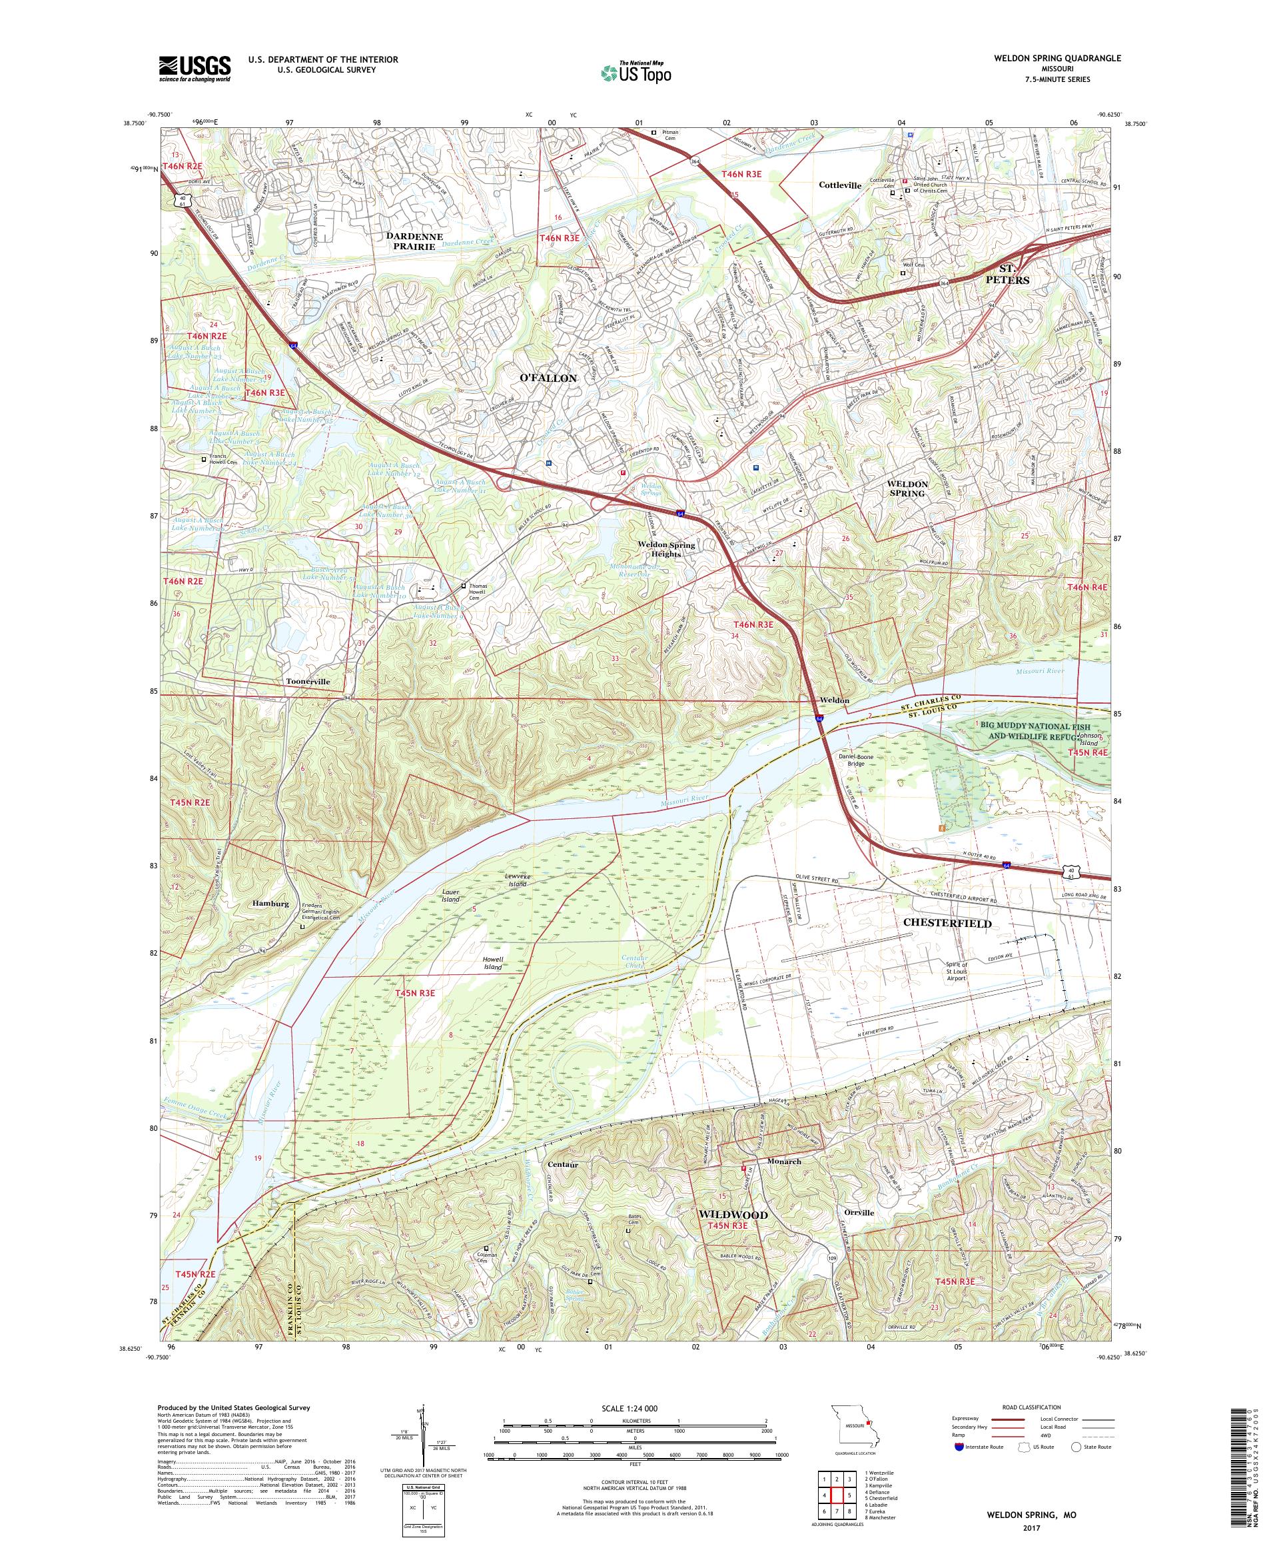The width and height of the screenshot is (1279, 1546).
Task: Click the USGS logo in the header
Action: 195,69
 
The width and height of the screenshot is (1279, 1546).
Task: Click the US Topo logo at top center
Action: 637,72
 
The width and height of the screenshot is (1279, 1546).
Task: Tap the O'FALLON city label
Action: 548,378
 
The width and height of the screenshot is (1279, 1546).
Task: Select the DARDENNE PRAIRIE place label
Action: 415,241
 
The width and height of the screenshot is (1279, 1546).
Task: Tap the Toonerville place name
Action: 308,682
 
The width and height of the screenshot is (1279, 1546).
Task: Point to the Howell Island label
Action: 493,963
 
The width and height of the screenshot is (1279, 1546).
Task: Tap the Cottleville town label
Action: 839,185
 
